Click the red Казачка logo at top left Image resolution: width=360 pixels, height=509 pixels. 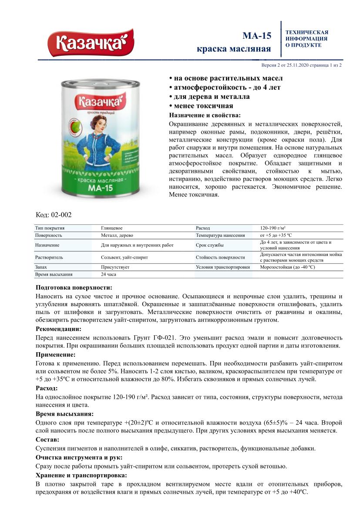pos(90,43)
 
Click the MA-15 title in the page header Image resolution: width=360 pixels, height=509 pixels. pos(257,36)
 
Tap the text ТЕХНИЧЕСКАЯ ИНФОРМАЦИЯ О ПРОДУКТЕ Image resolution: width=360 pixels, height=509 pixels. pos(306,39)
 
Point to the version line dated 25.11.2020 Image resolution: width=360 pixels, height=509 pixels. pos(301,65)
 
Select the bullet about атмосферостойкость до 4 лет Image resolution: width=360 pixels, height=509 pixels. pos(225,87)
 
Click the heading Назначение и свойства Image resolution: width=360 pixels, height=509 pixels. pos(204,115)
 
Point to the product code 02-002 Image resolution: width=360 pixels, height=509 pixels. pos(54,215)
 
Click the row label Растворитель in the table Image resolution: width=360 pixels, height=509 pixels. pos(49,257)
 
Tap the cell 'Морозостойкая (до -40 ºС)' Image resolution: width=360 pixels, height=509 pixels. pos(287,267)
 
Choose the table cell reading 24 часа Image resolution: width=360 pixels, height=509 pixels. pos(108,274)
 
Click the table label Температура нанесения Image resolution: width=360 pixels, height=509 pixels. pos(220,235)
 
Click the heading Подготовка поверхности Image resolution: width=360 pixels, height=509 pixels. pos(74,288)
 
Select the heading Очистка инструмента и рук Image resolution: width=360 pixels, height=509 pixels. pos(79,457)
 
